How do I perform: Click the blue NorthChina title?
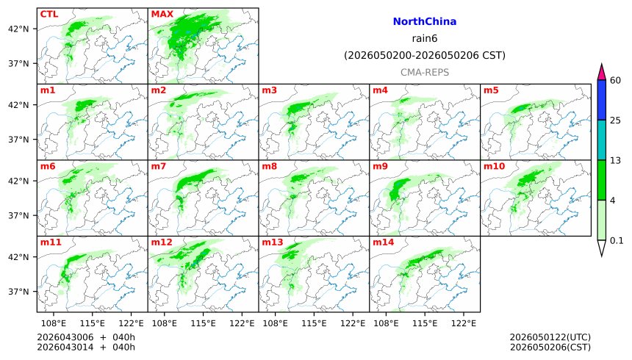pyautogui.click(x=425, y=22)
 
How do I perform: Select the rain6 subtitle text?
pyautogui.click(x=425, y=39)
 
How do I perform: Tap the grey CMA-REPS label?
pyautogui.click(x=425, y=72)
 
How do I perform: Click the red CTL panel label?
pyautogui.click(x=50, y=14)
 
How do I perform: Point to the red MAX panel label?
pyautogui.click(x=162, y=14)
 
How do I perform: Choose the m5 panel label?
pyautogui.click(x=490, y=90)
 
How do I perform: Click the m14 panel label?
pyautogui.click(x=382, y=242)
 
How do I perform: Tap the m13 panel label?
pyautogui.click(x=271, y=242)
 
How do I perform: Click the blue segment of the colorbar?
pyautogui.click(x=601, y=99)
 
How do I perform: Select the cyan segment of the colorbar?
pyautogui.click(x=601, y=140)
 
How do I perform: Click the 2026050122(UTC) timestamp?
pyautogui.click(x=550, y=337)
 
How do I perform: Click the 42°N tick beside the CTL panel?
pyautogui.click(x=18, y=29)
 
